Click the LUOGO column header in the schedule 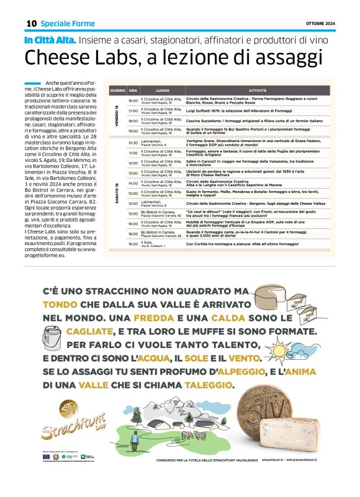[x=162, y=91]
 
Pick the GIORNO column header [x=117, y=91]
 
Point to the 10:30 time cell [x=133, y=143]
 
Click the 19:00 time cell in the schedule [x=133, y=131]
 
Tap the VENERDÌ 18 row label [x=117, y=115]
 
